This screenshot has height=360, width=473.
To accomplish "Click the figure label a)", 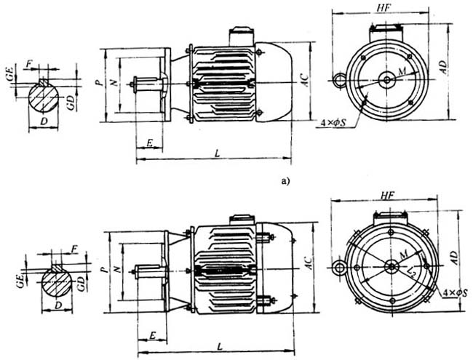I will [x=284, y=182].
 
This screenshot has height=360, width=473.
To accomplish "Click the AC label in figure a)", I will [x=308, y=81].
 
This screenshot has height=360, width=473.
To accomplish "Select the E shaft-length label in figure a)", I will [x=149, y=143].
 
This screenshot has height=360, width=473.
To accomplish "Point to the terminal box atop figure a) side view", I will [x=239, y=36].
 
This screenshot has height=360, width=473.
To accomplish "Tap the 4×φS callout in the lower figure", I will [x=456, y=294].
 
